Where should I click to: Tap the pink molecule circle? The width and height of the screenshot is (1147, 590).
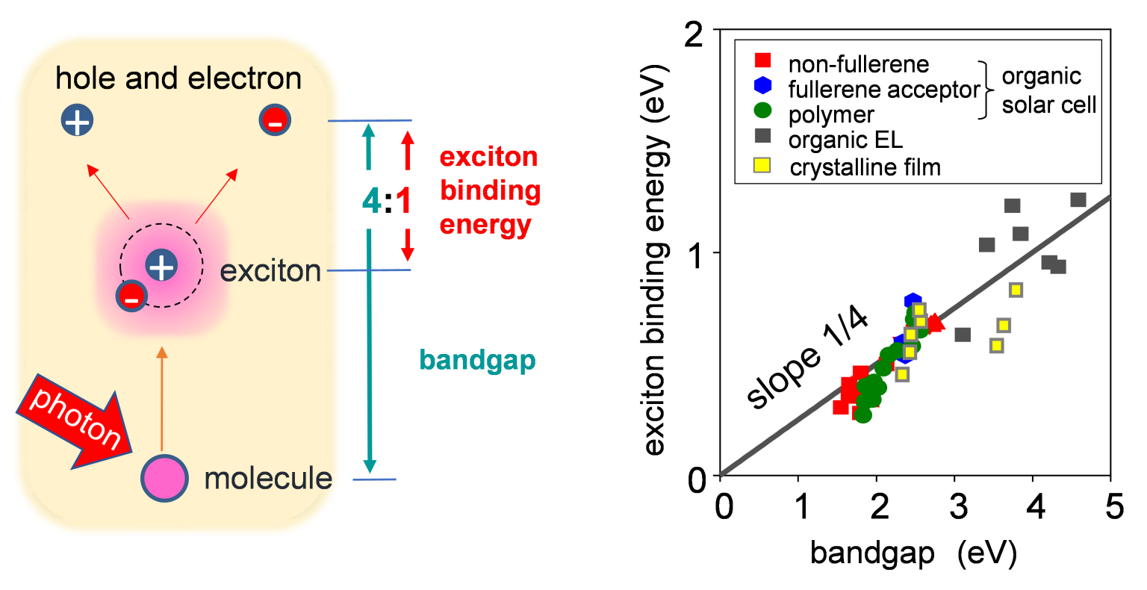pos(164,479)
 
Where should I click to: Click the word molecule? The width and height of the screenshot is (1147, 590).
pos(268,479)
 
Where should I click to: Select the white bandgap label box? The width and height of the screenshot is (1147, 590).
pos(477,359)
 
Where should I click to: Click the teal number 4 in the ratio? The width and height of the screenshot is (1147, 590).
pos(371,200)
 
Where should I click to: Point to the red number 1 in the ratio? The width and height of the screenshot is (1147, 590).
pos(403,200)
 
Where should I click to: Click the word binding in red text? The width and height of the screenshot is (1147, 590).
pos(490,190)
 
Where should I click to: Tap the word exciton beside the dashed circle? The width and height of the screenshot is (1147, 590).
pos(270,270)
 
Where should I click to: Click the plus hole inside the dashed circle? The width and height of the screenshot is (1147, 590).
pos(161,265)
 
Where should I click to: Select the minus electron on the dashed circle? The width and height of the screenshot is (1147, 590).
pos(130,298)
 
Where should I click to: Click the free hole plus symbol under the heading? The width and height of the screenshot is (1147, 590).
pos(78,121)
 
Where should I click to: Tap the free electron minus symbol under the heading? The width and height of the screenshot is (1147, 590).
pos(274,121)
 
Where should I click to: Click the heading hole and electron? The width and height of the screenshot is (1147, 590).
pos(178,78)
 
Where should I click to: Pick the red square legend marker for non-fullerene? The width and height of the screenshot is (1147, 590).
pos(762,60)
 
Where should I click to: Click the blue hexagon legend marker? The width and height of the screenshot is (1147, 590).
pos(762,86)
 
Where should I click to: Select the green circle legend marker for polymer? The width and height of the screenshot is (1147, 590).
pos(762,111)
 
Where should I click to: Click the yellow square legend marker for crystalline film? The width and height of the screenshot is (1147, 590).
pos(762,165)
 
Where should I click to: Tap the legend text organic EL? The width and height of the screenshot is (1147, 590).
pos(845,140)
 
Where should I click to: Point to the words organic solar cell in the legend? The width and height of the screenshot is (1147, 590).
pos(1048,90)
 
